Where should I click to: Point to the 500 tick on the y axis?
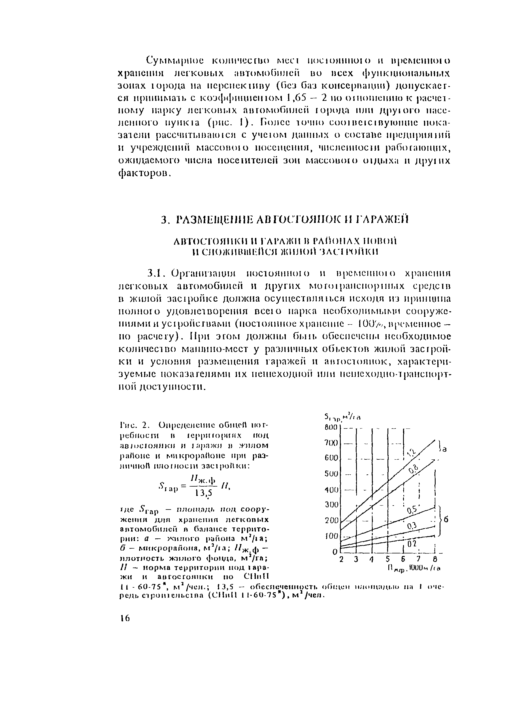click(331, 474)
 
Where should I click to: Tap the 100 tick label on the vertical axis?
click(331, 536)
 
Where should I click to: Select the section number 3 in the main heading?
click(164, 219)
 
